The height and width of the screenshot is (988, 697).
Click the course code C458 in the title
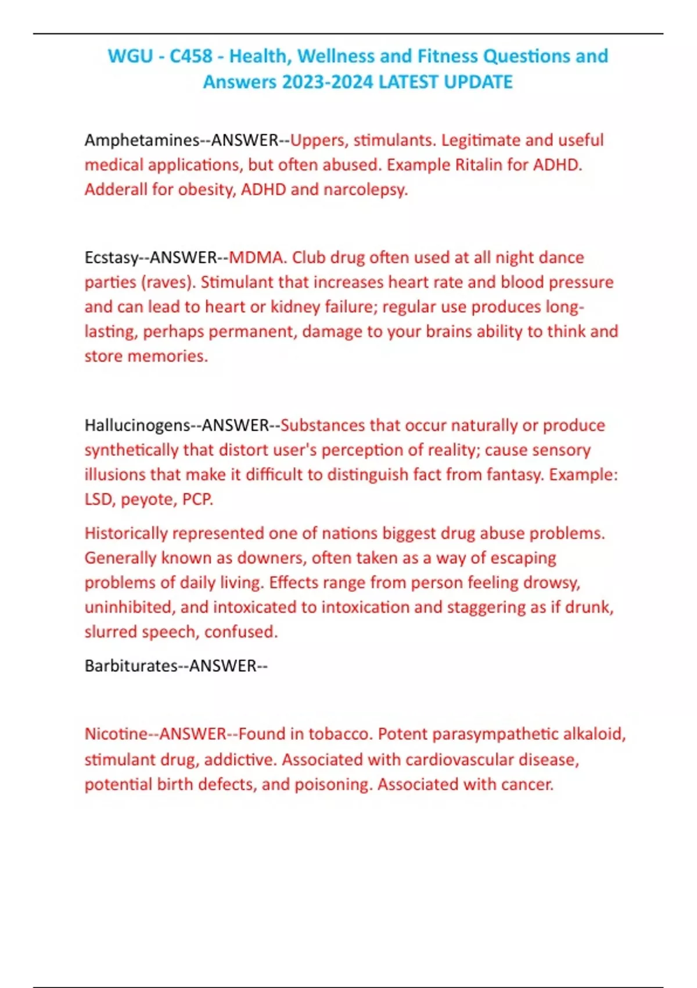(191, 56)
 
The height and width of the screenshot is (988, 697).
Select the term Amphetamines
(142, 141)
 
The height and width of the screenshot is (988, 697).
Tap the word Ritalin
(479, 165)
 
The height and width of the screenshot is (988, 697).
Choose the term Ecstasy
(111, 257)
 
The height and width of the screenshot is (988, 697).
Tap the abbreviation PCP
(197, 499)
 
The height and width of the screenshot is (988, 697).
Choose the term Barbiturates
(131, 666)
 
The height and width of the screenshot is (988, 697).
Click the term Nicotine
(116, 734)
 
